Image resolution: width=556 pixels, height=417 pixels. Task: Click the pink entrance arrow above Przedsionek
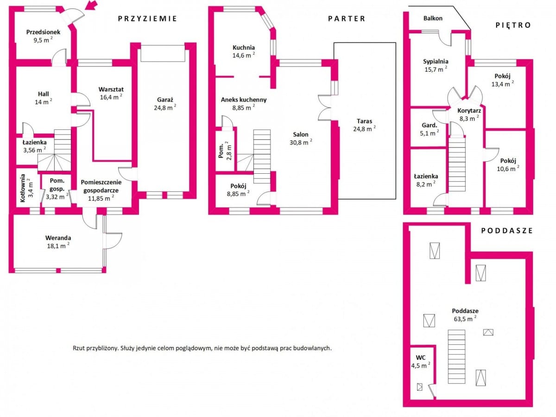click(91, 5)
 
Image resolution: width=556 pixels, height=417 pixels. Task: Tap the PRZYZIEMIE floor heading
click(147, 19)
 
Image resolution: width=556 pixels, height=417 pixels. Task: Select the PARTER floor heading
click(347, 19)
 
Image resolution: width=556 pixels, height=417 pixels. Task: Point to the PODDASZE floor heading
click(507, 230)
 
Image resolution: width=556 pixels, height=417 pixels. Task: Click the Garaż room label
click(165, 100)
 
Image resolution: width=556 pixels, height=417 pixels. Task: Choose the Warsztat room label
click(111, 89)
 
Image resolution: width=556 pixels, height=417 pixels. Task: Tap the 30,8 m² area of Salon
click(301, 142)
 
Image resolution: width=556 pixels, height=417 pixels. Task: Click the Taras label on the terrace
click(365, 121)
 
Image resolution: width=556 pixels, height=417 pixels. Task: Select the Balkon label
click(433, 18)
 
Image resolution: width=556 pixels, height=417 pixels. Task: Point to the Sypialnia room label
click(436, 62)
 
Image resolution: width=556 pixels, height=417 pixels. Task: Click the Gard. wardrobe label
click(430, 125)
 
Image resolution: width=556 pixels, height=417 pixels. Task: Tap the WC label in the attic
click(421, 358)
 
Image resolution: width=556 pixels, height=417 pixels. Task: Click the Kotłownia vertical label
click(23, 188)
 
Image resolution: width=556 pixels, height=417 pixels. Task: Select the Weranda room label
click(58, 238)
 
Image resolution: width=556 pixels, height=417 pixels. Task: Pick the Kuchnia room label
click(244, 47)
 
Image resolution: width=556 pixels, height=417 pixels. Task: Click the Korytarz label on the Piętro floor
click(469, 111)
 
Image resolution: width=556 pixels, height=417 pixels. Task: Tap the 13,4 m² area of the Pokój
click(503, 84)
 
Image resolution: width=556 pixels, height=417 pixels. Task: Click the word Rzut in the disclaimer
click(79, 348)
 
